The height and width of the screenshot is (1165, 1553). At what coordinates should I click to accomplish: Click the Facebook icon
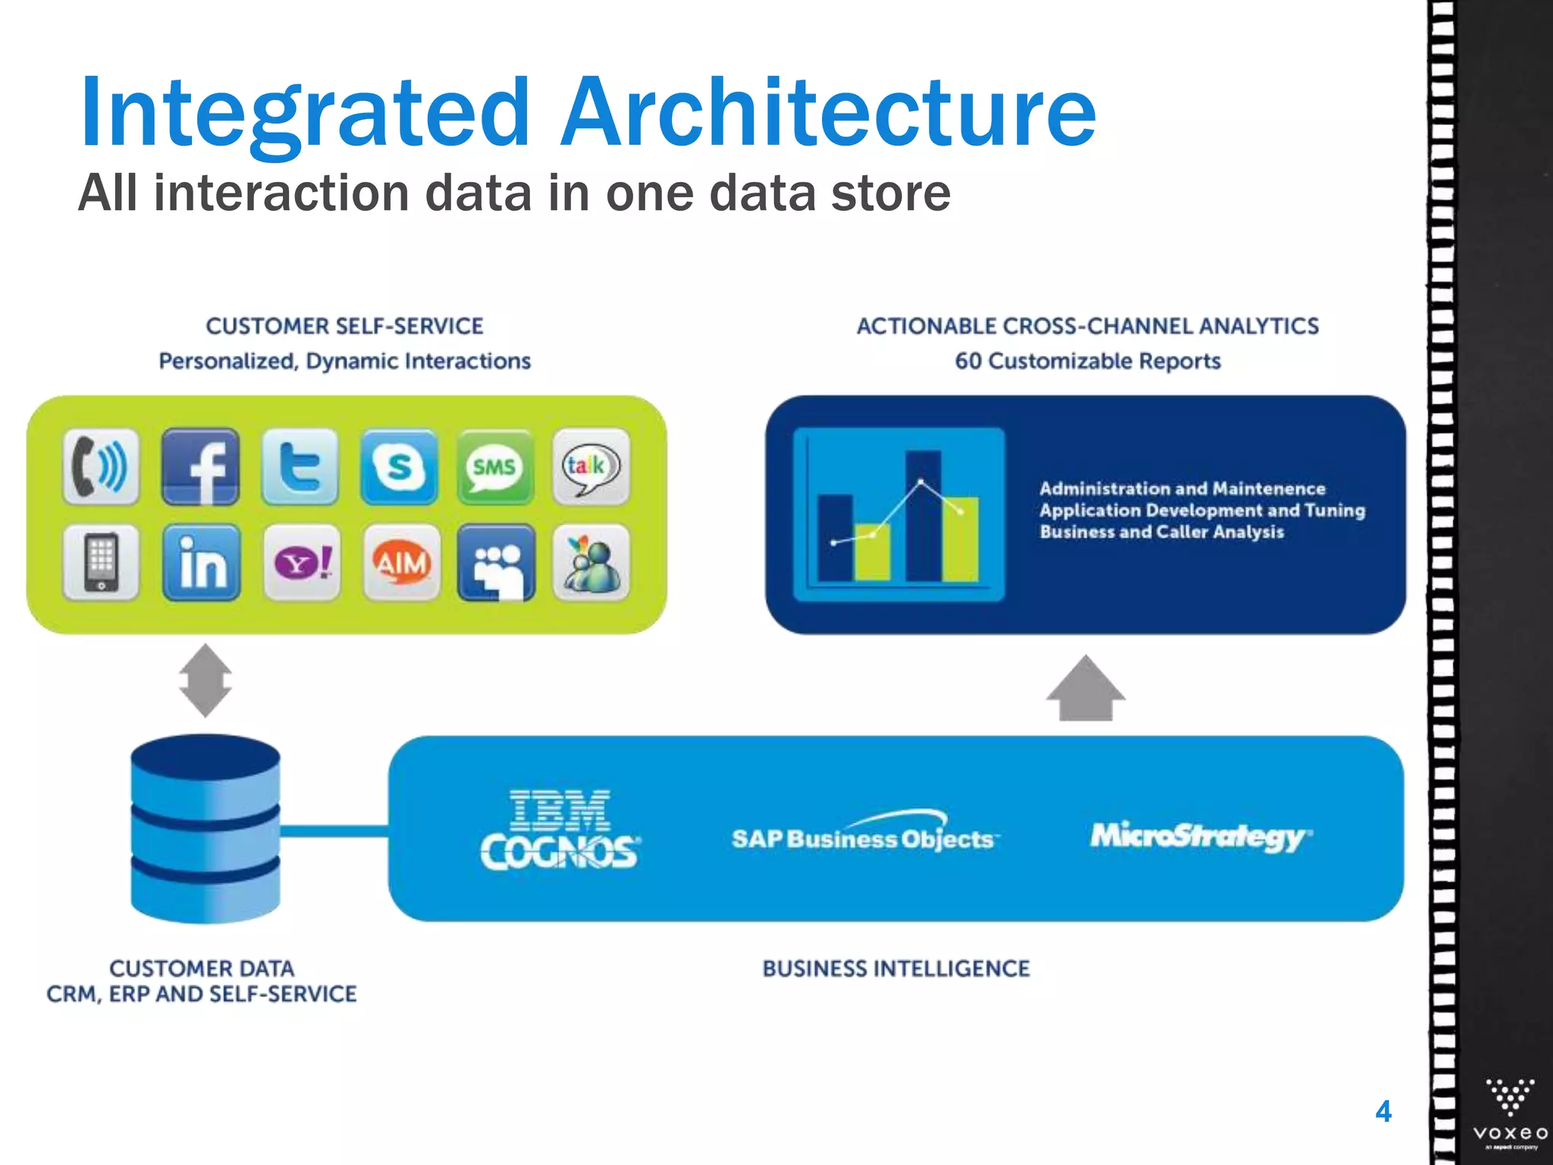201,466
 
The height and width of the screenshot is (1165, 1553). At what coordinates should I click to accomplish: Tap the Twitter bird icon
300,466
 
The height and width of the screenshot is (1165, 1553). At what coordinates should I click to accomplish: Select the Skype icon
399,466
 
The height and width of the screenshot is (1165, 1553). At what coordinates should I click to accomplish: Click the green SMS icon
495,466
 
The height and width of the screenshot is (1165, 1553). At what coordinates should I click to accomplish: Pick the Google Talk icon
591,466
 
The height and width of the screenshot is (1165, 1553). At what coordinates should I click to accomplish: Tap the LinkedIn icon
202,563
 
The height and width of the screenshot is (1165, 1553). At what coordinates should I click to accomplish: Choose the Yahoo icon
301,563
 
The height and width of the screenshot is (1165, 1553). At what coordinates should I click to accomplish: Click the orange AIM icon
401,563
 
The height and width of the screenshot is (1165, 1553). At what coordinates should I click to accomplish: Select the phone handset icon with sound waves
101,466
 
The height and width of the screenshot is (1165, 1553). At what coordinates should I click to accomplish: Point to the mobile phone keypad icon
101,563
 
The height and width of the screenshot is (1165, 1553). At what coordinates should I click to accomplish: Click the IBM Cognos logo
560,829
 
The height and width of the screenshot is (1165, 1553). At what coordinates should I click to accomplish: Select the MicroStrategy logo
1200,836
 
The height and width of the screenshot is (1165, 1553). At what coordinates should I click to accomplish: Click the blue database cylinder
205,828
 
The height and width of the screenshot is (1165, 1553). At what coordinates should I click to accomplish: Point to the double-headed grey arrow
205,680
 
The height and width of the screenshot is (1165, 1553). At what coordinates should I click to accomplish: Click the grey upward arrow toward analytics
1085,688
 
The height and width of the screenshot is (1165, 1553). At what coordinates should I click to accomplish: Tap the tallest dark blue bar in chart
923,516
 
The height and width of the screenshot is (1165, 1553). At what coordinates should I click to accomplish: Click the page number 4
1383,1112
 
